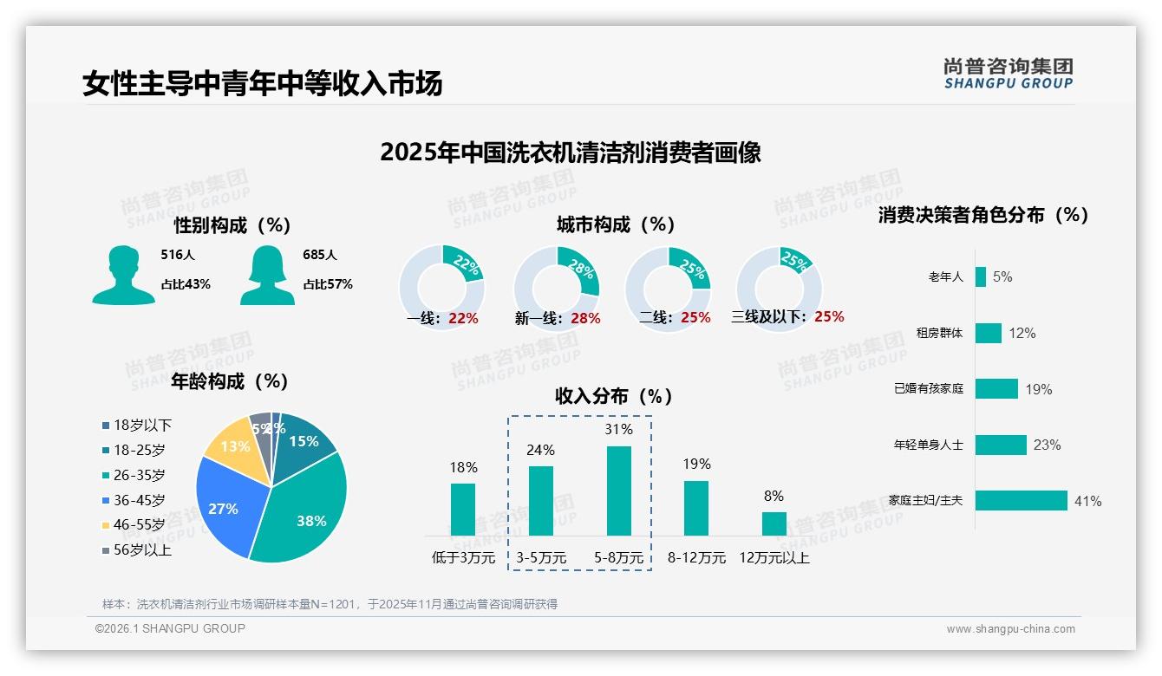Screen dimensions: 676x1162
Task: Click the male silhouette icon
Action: (123, 276)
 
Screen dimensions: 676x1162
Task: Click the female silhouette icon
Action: (267, 276)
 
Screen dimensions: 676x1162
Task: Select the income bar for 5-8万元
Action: (619, 491)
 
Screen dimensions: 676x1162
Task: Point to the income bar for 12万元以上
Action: (774, 523)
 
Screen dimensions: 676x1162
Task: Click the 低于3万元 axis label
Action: (463, 558)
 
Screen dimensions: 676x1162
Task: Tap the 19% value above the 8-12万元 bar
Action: (696, 465)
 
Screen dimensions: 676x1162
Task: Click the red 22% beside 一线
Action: (463, 318)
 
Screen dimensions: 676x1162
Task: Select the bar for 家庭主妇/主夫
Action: (1021, 501)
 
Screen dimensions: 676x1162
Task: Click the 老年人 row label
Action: (945, 277)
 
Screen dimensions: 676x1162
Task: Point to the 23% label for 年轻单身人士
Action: (1047, 445)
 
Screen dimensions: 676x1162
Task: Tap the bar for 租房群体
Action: (988, 334)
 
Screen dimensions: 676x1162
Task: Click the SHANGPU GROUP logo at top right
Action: (1008, 74)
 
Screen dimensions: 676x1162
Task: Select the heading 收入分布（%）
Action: (615, 396)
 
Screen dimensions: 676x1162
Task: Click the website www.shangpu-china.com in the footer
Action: (1010, 629)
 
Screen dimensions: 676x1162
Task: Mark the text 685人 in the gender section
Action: (320, 255)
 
